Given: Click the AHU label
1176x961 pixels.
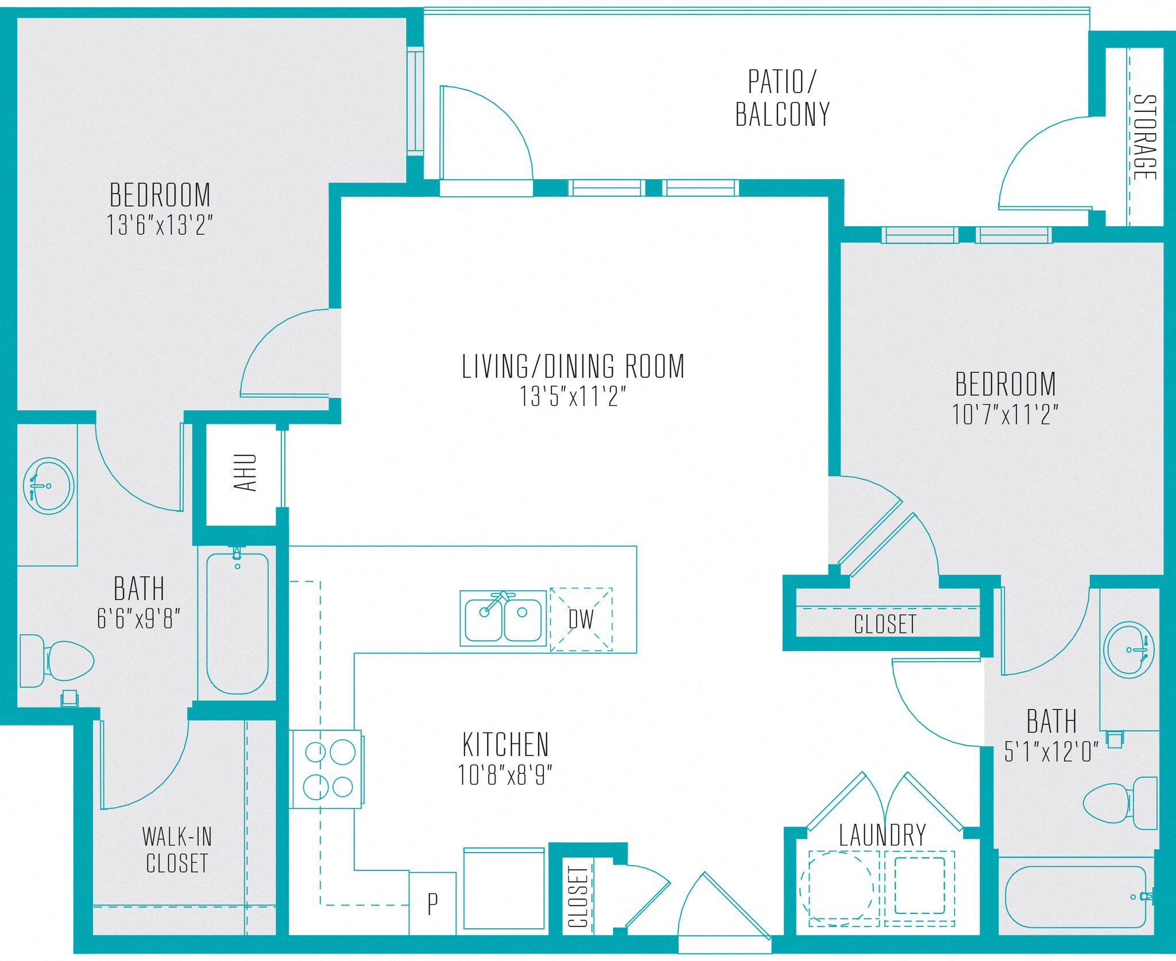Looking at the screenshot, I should tap(245, 472).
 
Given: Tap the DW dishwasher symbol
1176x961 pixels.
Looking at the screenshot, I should tap(581, 619).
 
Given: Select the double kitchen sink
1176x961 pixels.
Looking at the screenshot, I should tap(504, 619).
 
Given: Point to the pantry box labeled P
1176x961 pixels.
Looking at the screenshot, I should tap(432, 904).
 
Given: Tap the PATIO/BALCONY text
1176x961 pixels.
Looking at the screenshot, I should tap(782, 98).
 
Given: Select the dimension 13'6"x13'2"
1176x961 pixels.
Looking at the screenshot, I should tap(159, 225).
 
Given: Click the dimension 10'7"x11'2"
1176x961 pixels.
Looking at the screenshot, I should tap(1005, 414).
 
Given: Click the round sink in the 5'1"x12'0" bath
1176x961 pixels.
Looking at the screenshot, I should tap(1129, 650).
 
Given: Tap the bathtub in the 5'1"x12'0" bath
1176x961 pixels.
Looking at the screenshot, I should tap(1075, 896).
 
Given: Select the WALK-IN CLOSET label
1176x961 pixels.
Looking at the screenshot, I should tap(177, 850).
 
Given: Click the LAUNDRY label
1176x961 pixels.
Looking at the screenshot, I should tap(882, 835).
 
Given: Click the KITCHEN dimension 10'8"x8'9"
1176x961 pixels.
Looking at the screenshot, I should tap(505, 775).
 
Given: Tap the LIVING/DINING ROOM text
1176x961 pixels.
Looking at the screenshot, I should tap(572, 366).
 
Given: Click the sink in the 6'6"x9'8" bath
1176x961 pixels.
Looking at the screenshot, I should tap(49, 486).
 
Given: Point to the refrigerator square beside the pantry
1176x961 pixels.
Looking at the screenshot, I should tap(504, 889).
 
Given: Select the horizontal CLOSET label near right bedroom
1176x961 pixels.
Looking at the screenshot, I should tap(884, 624).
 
